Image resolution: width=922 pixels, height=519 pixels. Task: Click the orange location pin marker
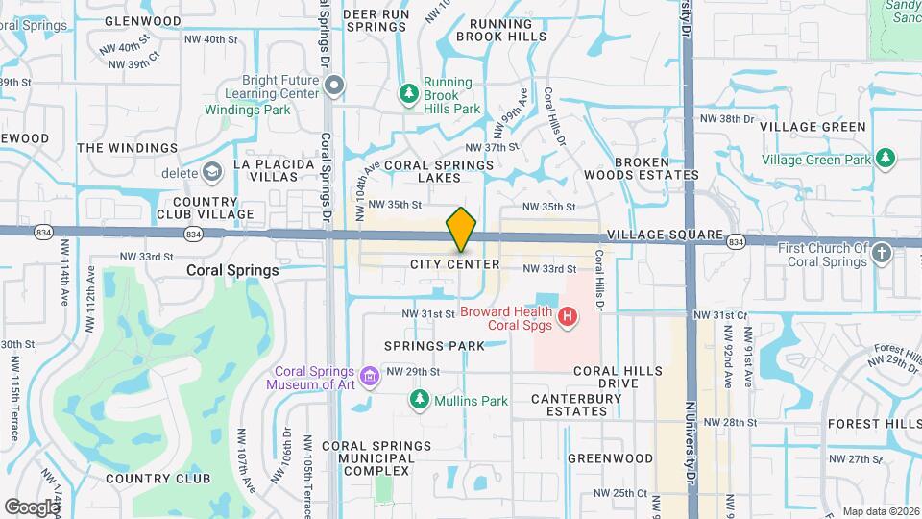pyautogui.click(x=461, y=230)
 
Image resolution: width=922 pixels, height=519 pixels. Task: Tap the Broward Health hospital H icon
pyautogui.click(x=569, y=315)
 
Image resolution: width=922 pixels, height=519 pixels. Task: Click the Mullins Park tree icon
pyautogui.click(x=419, y=399)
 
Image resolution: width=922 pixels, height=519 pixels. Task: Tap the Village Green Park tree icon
pyautogui.click(x=885, y=158)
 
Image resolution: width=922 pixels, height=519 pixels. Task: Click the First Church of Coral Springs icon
pyautogui.click(x=882, y=254)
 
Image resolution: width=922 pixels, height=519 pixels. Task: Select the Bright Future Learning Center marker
pyautogui.click(x=334, y=86)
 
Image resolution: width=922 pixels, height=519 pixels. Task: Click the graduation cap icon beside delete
pyautogui.click(x=211, y=172)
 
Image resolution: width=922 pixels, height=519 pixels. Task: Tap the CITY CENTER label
pyautogui.click(x=454, y=264)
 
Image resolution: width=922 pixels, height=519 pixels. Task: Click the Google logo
pyautogui.click(x=32, y=507)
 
